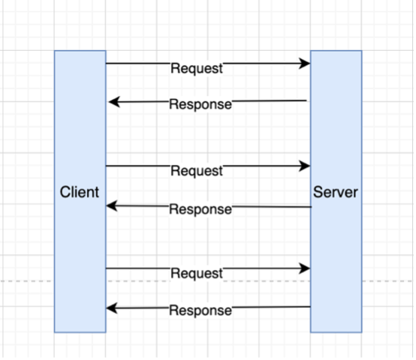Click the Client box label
coord(79,192)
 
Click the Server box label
coord(336,192)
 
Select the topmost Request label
coord(197,69)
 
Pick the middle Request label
coord(197,171)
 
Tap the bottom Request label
coord(197,273)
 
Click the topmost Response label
coord(200,104)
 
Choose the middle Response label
coord(200,209)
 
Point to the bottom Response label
coord(200,310)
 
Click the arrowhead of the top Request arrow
coord(306,64)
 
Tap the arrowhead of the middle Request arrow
coord(306,166)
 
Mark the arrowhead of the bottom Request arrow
coord(306,268)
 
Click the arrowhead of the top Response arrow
coord(112,102)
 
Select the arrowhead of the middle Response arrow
coord(111,206)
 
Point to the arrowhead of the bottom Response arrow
coord(111,308)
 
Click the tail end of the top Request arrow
coord(107,64)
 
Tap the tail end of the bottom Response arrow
coord(310,307)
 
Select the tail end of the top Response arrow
coord(306,101)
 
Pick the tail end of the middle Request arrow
coord(107,166)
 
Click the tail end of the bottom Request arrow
coord(107,268)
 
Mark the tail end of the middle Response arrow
coord(310,206)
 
